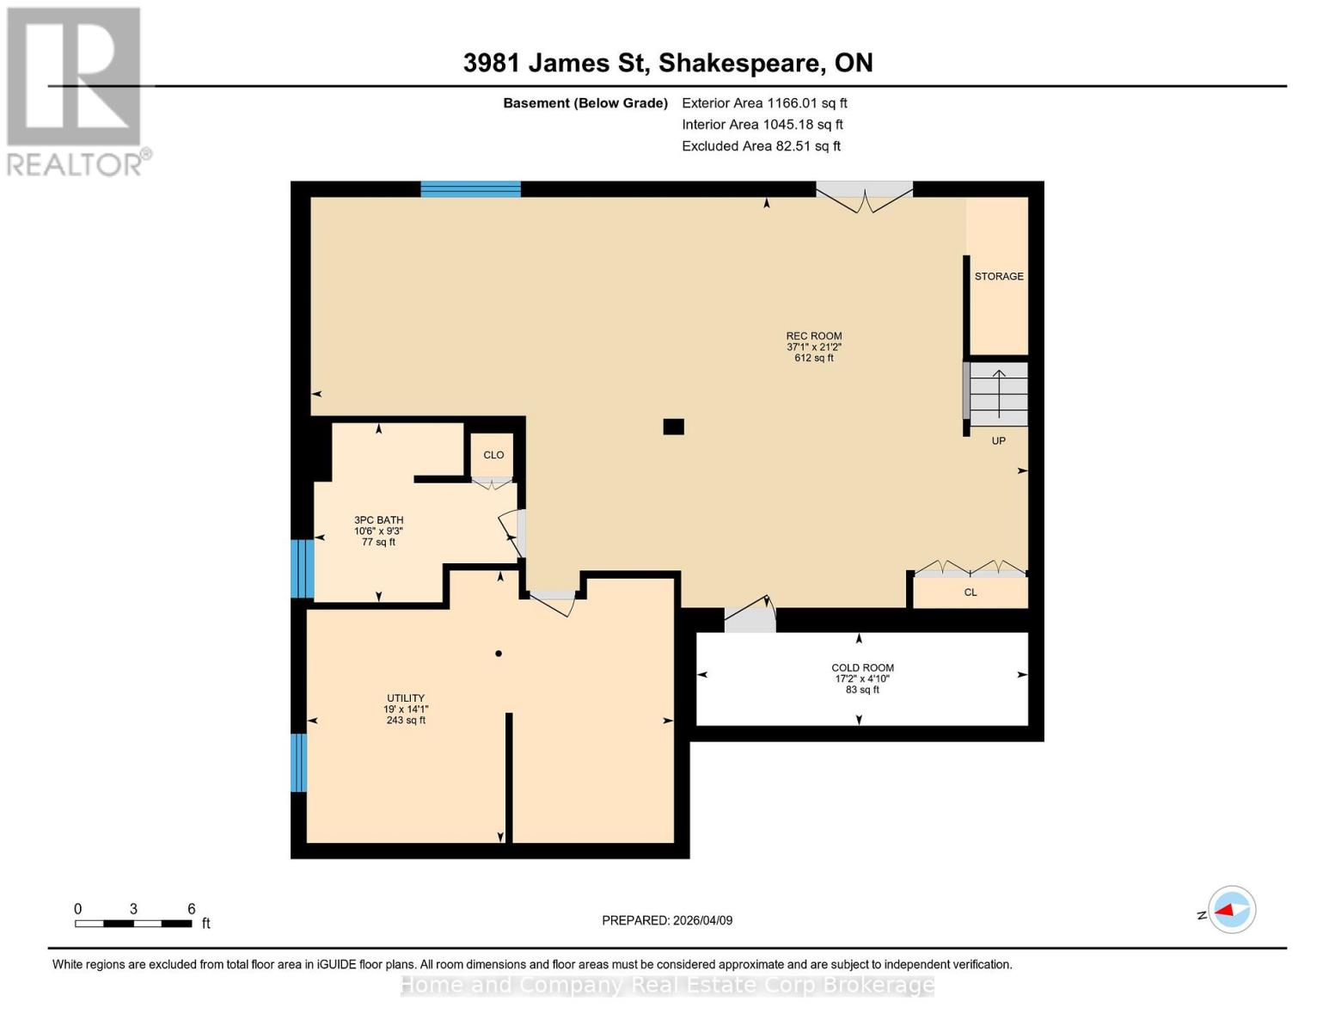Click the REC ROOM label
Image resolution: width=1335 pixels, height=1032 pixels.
(x=813, y=335)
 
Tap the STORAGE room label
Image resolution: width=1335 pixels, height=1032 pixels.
(x=998, y=276)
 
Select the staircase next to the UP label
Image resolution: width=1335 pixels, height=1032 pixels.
(x=998, y=393)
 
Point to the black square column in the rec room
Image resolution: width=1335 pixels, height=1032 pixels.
(x=673, y=427)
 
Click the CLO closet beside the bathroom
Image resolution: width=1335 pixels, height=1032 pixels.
(x=493, y=456)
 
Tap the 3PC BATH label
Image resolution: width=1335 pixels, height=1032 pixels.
(x=378, y=520)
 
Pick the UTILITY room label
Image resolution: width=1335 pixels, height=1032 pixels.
(x=406, y=697)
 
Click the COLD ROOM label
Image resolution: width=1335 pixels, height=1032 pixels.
(x=862, y=667)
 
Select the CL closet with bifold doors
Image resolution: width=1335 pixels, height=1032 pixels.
(x=970, y=592)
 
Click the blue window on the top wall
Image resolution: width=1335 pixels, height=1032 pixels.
(x=470, y=188)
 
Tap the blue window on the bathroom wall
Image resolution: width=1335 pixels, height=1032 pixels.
(x=303, y=568)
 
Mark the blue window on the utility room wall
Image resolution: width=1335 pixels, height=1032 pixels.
(x=298, y=762)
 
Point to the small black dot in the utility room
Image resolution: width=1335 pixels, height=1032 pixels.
(x=499, y=654)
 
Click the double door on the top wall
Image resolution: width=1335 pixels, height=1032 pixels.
(x=864, y=197)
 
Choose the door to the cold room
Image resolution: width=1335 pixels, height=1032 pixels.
(x=750, y=614)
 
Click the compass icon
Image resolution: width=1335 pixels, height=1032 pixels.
(x=1232, y=910)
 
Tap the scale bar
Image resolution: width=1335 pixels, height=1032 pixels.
(x=133, y=923)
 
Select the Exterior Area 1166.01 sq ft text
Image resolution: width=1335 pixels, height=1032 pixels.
(x=764, y=103)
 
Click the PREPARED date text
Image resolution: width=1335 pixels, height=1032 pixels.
(x=667, y=920)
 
